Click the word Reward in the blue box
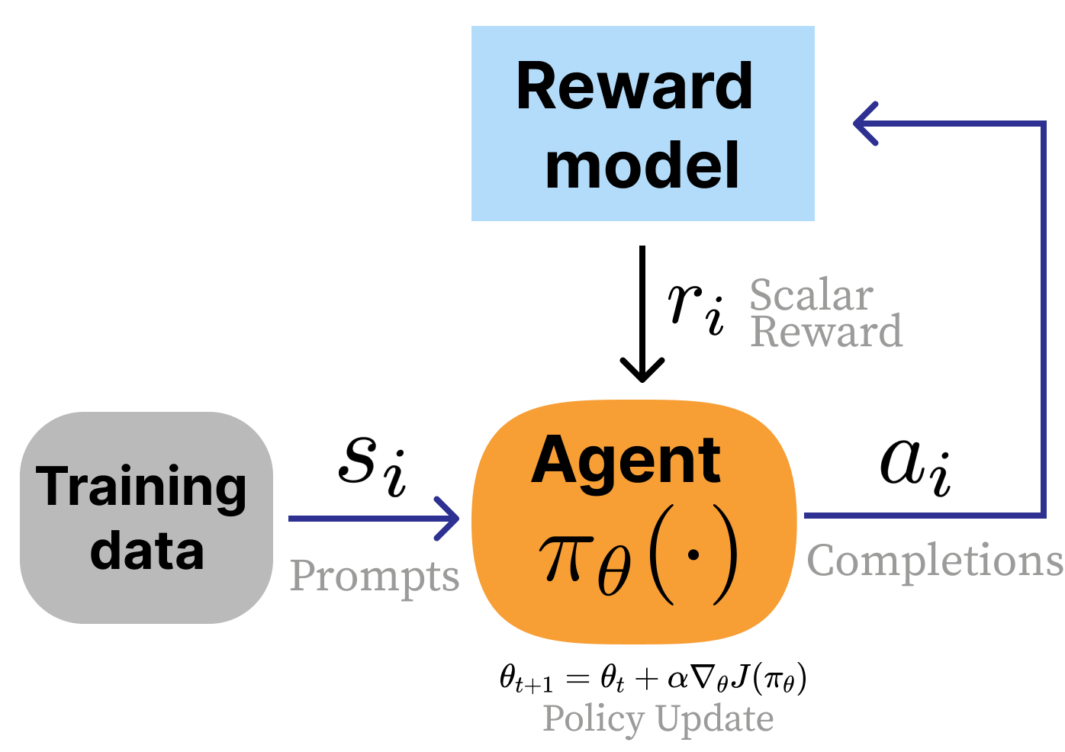point(634,86)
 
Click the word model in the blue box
point(642,166)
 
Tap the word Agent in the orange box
point(626,461)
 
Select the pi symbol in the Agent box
point(565,557)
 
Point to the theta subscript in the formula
point(614,575)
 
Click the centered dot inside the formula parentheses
point(693,555)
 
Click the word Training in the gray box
point(142,488)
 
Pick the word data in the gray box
point(146,551)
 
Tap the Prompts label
point(374,576)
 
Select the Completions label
point(935,562)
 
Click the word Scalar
point(811,295)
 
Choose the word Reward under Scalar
point(826,332)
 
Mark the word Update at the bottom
point(715,718)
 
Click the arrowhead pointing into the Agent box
point(450,519)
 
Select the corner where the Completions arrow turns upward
point(1043,516)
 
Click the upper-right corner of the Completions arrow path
point(1043,123)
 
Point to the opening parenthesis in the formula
point(661,555)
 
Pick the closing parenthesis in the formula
point(726,555)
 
